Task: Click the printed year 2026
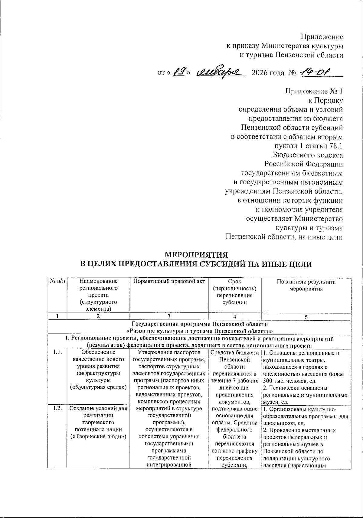(x=260, y=73)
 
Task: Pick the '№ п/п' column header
(x=57, y=282)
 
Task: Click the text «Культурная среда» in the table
(x=98, y=387)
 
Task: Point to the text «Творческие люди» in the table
(x=98, y=436)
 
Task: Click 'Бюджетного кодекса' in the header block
(x=308, y=155)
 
